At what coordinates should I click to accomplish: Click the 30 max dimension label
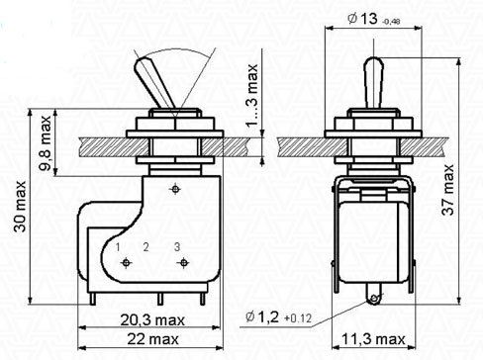pyautogui.click(x=20, y=207)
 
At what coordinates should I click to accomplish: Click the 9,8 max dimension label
pyautogui.click(x=46, y=142)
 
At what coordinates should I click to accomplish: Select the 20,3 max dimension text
pyautogui.click(x=152, y=320)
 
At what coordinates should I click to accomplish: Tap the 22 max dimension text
pyautogui.click(x=153, y=339)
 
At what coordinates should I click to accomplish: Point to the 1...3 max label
pyautogui.click(x=252, y=96)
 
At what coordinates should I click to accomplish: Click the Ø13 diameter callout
pyautogui.click(x=374, y=19)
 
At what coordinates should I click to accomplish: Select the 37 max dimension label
pyautogui.click(x=448, y=190)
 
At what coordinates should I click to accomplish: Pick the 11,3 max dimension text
pyautogui.click(x=373, y=339)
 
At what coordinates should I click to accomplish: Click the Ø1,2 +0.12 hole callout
pyautogui.click(x=278, y=317)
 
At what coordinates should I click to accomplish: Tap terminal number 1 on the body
pyautogui.click(x=118, y=247)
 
